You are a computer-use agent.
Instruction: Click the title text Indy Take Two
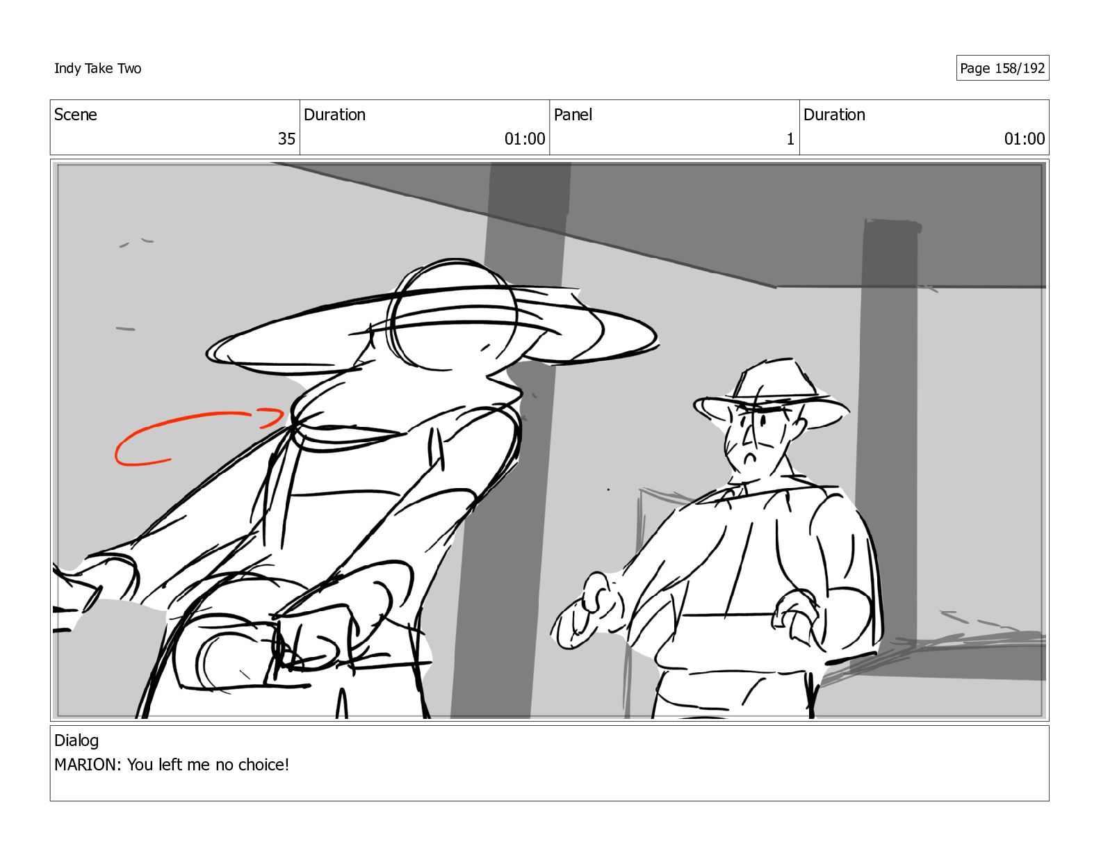click(x=98, y=68)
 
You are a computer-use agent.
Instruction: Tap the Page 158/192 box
click(x=1002, y=68)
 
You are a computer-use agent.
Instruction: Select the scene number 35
click(x=286, y=138)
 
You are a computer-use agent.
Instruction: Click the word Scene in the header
click(x=76, y=115)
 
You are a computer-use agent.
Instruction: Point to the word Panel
click(x=573, y=115)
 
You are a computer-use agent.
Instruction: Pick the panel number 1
click(x=790, y=138)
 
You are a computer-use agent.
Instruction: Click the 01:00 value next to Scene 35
click(x=524, y=138)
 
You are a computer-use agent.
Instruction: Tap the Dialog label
click(x=76, y=741)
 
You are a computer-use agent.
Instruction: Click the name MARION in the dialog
click(x=85, y=764)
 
